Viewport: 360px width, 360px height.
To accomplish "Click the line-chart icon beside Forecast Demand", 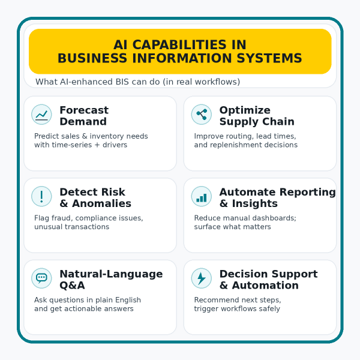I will click(41, 115).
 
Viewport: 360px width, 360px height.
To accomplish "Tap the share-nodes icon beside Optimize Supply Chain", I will click(201, 115).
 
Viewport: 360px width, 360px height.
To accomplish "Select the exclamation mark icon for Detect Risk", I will click(41, 196).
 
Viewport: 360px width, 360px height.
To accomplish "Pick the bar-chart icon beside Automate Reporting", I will click(201, 196).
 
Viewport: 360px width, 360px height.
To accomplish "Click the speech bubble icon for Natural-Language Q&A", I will click(41, 278).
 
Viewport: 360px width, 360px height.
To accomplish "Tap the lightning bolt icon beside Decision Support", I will click(201, 278).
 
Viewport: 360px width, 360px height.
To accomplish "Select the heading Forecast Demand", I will click(83, 116).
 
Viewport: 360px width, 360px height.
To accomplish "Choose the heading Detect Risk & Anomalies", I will click(95, 197).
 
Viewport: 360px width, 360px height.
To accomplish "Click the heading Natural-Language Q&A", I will click(110, 280).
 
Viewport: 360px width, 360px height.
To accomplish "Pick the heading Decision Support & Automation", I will click(268, 280).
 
